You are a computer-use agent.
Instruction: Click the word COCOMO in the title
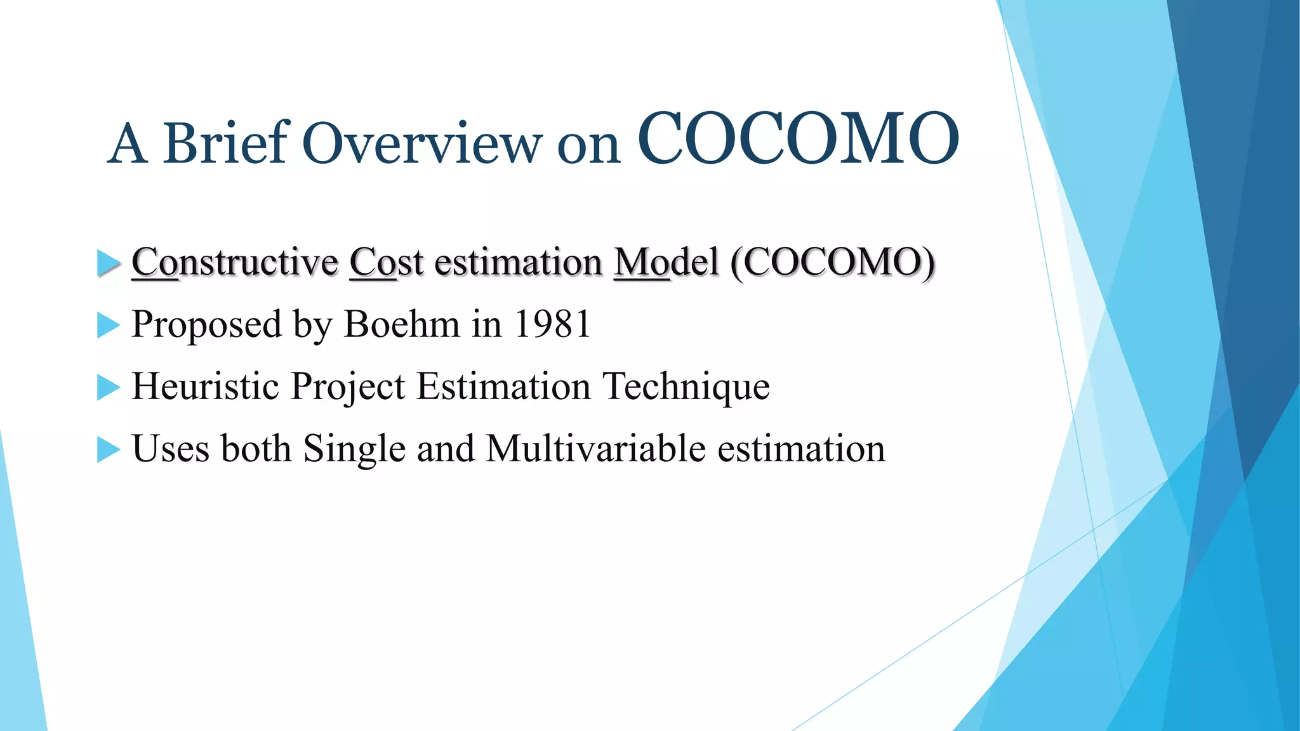click(x=798, y=138)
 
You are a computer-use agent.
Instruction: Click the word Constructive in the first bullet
click(x=234, y=262)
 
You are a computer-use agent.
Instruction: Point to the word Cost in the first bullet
click(x=386, y=262)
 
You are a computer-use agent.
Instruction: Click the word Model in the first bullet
click(x=666, y=262)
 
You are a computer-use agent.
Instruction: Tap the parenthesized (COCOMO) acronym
click(x=832, y=262)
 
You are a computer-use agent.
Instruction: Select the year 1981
click(x=552, y=324)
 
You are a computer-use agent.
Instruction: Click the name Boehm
click(x=401, y=324)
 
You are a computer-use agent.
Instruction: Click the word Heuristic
click(x=204, y=386)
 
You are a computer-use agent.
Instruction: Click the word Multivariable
click(x=595, y=449)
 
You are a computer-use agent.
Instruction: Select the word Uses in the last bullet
click(x=170, y=449)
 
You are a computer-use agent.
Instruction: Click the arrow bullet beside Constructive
click(x=108, y=263)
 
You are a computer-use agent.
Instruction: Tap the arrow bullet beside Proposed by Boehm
click(x=108, y=326)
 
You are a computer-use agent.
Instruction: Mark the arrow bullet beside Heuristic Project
click(x=108, y=387)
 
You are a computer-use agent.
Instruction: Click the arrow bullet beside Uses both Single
click(x=108, y=449)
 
